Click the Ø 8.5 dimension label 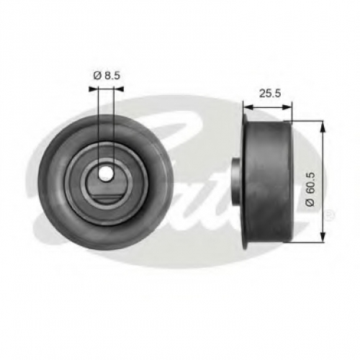pos(107,76)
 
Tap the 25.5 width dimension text pos(270,94)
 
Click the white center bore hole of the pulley pos(106,173)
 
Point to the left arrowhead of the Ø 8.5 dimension pos(94,89)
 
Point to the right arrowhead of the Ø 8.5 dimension pos(119,89)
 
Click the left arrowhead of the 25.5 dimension pos(248,107)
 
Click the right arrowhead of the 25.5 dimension pos(287,107)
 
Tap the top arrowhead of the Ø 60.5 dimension pos(323,127)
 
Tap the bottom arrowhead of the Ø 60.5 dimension pos(323,236)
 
